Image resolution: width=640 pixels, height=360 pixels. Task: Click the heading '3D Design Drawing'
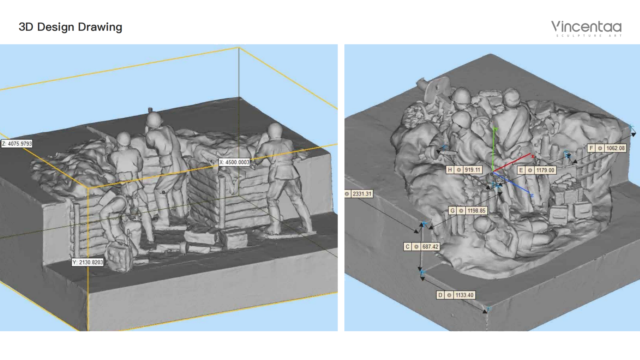pos(70,27)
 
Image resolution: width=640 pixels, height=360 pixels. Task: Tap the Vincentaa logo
pos(586,28)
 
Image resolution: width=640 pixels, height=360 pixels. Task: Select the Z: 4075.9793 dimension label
pos(17,144)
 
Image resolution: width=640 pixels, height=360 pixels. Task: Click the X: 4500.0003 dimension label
pos(234,162)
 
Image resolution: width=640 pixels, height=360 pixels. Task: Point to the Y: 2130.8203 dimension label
pos(88,262)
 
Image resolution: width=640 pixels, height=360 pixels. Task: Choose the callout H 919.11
pos(464,170)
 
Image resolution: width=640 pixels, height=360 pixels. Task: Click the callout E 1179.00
pos(536,170)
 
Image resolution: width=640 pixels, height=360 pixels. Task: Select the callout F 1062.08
pos(607,148)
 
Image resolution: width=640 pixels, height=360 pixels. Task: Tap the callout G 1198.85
pos(468,210)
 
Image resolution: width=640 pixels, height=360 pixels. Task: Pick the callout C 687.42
pos(422,246)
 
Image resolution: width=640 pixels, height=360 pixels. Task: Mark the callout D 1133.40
pos(456,295)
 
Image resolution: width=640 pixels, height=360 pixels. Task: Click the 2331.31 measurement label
pos(359,194)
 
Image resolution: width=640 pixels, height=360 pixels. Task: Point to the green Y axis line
pos(494,150)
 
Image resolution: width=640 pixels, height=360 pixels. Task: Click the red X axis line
pos(512,164)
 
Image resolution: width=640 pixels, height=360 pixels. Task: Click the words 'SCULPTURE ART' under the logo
pos(589,36)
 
